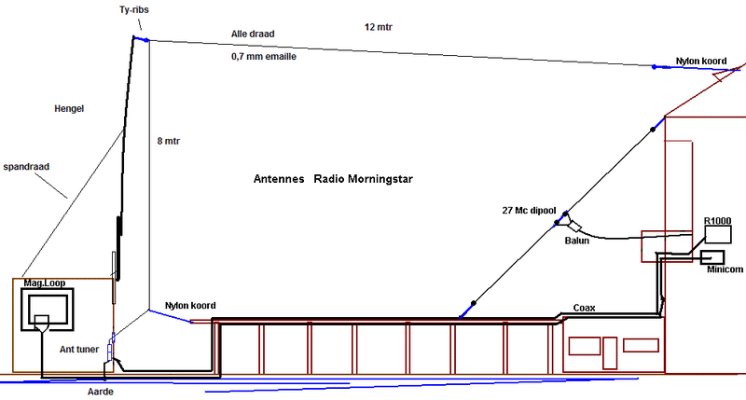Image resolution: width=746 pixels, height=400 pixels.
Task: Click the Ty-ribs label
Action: pyautogui.click(x=133, y=9)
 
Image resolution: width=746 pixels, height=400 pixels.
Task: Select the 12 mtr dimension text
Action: pyautogui.click(x=379, y=27)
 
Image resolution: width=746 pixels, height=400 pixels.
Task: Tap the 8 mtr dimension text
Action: pyautogui.click(x=169, y=141)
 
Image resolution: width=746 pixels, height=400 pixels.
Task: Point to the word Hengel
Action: pyautogui.click(x=69, y=108)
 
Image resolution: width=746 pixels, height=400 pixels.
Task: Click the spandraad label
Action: pyautogui.click(x=26, y=167)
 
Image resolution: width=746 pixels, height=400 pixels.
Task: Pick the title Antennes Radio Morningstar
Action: pyautogui.click(x=333, y=179)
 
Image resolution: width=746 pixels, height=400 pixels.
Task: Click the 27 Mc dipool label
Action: pyautogui.click(x=529, y=210)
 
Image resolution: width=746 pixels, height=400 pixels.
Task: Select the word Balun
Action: pyautogui.click(x=576, y=241)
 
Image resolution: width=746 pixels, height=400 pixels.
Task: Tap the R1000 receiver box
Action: pyautogui.click(x=718, y=235)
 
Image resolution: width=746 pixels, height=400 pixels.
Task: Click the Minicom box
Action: pyautogui.click(x=712, y=257)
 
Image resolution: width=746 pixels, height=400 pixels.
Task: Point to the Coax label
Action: pyautogui.click(x=585, y=308)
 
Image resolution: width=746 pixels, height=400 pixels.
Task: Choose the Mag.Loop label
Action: pyautogui.click(x=45, y=283)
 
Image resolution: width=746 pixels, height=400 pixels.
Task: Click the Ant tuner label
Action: pyautogui.click(x=79, y=349)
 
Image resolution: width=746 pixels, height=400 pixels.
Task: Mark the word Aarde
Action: pyautogui.click(x=101, y=392)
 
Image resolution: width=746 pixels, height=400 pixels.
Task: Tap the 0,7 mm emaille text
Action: pyautogui.click(x=264, y=57)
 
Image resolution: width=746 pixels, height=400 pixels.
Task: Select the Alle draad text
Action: pyautogui.click(x=253, y=34)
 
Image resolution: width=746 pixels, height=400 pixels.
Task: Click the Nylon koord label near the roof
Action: pyautogui.click(x=701, y=61)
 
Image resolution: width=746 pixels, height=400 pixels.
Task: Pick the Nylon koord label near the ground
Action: pyautogui.click(x=190, y=305)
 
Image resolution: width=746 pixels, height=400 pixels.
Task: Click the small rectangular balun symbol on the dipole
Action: pyautogui.click(x=574, y=226)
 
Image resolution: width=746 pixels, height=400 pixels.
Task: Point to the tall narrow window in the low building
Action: pyautogui.click(x=610, y=352)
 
